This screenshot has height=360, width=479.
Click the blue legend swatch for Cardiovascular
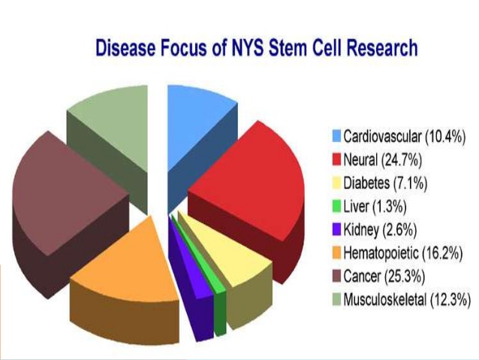coord(336,136)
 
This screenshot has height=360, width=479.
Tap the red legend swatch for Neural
coord(336,159)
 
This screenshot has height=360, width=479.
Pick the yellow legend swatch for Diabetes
coord(336,183)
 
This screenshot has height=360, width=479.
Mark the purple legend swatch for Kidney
coord(336,230)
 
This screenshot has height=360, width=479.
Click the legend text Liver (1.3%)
coord(375,207)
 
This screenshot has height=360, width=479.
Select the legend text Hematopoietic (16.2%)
coord(403,253)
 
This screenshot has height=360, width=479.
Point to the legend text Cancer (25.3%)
coord(384,277)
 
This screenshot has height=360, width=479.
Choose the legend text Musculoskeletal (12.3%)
coord(407,300)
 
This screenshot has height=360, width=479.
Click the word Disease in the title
coord(125,48)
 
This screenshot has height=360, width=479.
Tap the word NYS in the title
coord(246,48)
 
